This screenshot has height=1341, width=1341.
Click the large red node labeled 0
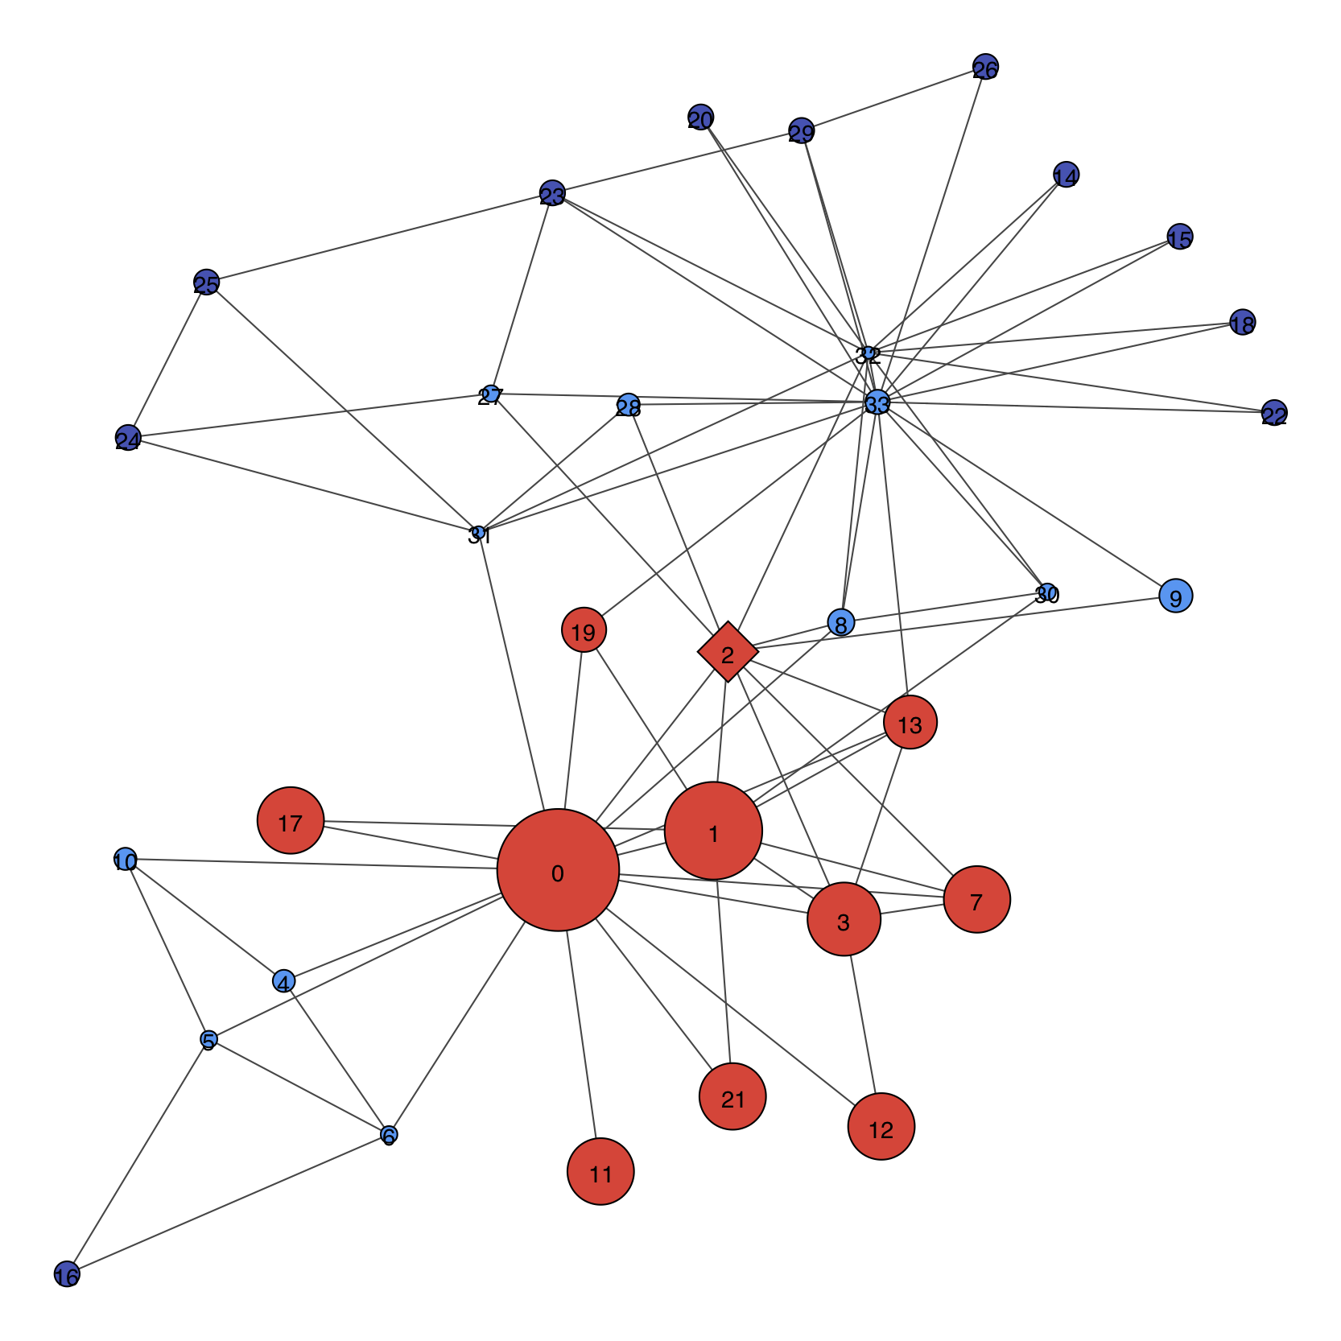[558, 870]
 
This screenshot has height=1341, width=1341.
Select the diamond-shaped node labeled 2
[728, 652]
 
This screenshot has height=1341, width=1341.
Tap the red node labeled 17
[291, 820]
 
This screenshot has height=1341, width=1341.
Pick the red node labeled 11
[600, 1171]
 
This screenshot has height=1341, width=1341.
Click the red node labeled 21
[732, 1096]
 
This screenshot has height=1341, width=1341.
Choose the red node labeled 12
[881, 1126]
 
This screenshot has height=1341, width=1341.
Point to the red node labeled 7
[976, 899]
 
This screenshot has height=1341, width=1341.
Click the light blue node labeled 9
[1175, 596]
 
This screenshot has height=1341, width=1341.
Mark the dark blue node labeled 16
[67, 1274]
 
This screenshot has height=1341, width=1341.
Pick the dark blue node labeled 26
[985, 68]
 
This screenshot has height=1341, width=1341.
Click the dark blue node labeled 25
[207, 282]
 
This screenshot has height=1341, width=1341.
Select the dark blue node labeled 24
[128, 438]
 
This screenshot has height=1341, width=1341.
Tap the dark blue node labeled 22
[1273, 413]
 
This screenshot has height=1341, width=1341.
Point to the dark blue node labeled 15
[1179, 237]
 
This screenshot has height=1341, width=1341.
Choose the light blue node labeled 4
[283, 981]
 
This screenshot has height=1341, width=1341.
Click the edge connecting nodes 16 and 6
[228, 1205]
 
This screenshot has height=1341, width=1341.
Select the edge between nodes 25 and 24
[167, 360]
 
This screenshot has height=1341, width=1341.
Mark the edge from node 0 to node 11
[582, 1035]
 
